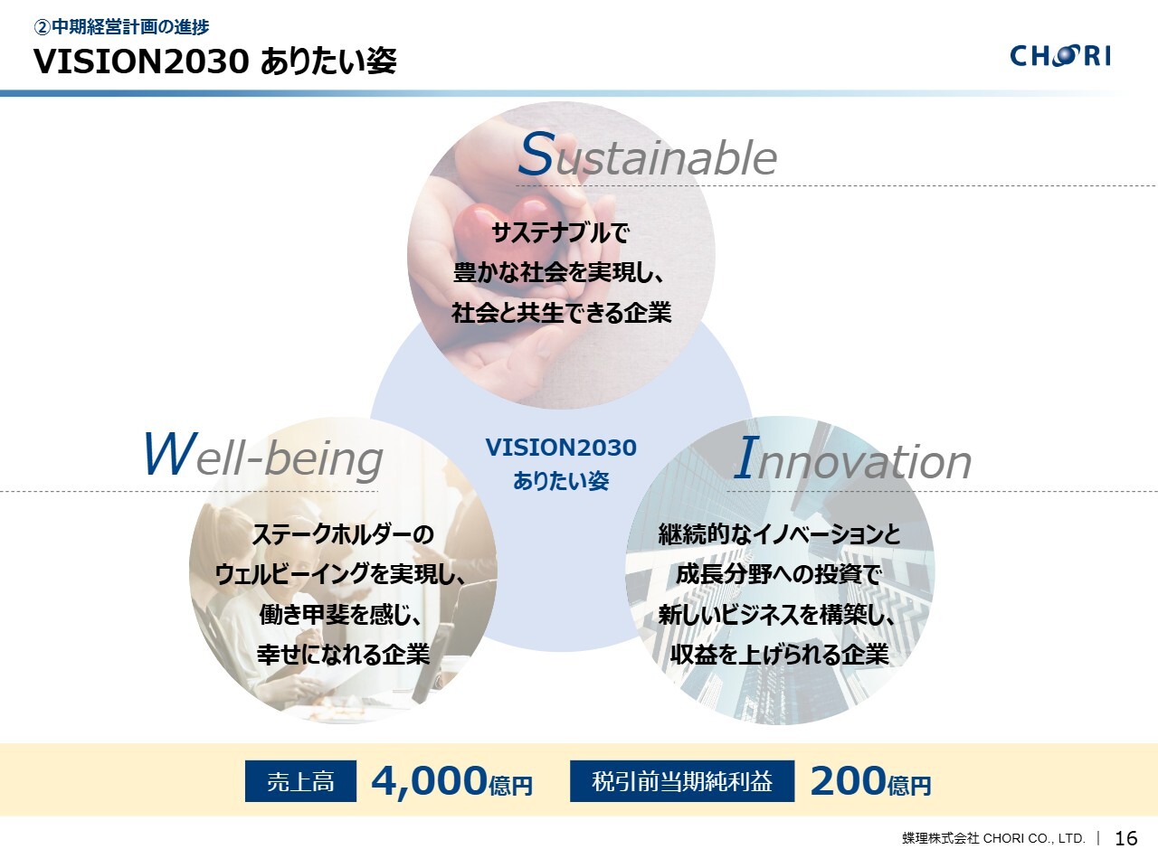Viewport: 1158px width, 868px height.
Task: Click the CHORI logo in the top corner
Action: [x=1060, y=55]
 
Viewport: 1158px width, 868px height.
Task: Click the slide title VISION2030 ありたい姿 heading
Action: [x=215, y=61]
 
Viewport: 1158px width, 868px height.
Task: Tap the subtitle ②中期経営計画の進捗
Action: [x=121, y=26]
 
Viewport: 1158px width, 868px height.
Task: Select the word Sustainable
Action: [x=648, y=154]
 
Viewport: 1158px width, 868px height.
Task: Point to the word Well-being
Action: [x=262, y=455]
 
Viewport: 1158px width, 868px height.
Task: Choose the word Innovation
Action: [x=852, y=458]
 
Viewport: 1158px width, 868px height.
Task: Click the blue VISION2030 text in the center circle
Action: [x=561, y=448]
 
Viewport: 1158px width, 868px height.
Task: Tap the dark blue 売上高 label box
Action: [x=300, y=781]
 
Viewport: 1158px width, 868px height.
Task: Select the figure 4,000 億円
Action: [x=451, y=781]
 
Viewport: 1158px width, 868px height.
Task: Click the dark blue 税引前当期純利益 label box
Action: [x=682, y=781]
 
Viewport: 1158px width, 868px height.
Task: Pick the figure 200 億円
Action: [x=870, y=781]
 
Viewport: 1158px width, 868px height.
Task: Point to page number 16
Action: [x=1125, y=838]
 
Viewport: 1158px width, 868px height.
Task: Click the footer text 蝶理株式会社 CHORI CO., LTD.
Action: [x=993, y=838]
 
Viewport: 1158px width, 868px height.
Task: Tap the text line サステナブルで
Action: [x=560, y=232]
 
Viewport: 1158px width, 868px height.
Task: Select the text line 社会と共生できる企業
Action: [x=561, y=313]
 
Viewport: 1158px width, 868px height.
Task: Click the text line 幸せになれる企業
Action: [x=344, y=655]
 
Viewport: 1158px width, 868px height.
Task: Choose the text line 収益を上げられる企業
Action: [x=780, y=655]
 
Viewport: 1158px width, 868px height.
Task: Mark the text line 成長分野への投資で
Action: [x=779, y=574]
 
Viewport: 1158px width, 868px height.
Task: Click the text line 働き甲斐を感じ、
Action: [x=340, y=615]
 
